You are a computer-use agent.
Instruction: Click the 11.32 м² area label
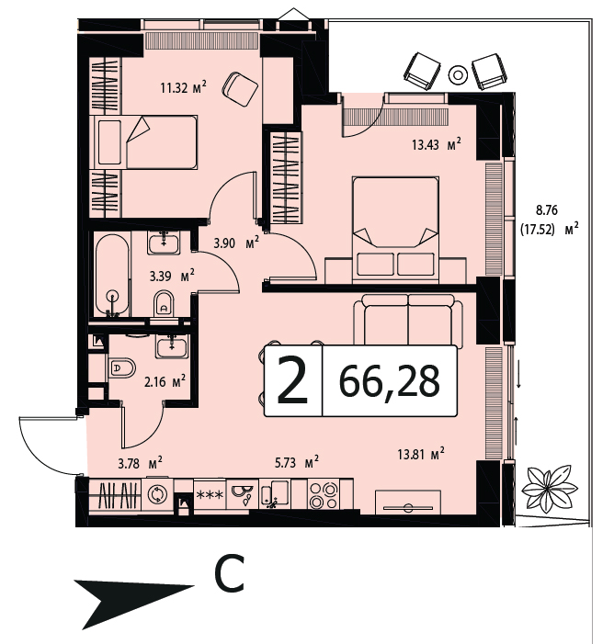click(x=183, y=87)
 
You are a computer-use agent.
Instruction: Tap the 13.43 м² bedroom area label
click(x=436, y=143)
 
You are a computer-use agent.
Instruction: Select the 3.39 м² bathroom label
click(x=172, y=276)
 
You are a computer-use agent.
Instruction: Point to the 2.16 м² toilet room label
click(x=165, y=381)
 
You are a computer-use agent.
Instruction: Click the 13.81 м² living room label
click(x=421, y=454)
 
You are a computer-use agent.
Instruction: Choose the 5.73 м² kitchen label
click(x=296, y=462)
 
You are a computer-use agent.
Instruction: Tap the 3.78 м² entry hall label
click(x=140, y=463)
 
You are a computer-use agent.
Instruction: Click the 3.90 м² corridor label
click(x=236, y=243)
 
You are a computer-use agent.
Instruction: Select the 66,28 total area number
click(x=389, y=381)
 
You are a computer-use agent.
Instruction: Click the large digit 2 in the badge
click(x=293, y=380)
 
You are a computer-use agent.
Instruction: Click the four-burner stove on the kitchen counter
click(x=324, y=495)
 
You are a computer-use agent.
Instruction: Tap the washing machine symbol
click(x=157, y=494)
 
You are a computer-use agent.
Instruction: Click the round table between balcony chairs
click(x=458, y=74)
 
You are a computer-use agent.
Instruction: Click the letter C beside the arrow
click(x=229, y=574)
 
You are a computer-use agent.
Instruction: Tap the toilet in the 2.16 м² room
click(x=122, y=368)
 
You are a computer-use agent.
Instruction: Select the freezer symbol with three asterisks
click(x=210, y=495)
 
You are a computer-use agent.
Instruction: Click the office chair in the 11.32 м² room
click(x=240, y=89)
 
